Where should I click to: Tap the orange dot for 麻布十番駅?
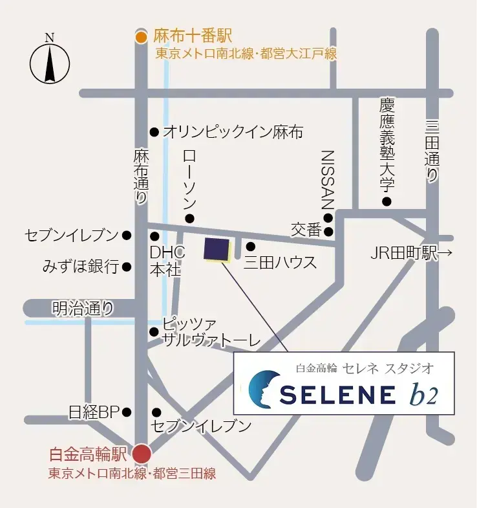coord(142,37)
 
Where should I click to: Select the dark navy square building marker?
coord(217,250)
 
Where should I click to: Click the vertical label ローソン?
coord(189,179)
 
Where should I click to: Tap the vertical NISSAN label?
coord(328,179)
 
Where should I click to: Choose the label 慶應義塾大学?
coord(387,145)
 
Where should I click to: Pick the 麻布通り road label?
coord(141,177)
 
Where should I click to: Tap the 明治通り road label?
coord(83,309)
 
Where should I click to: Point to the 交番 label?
coord(306,230)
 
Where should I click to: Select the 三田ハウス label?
coord(280,262)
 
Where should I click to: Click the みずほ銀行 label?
coord(81,266)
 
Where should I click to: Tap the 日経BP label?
coord(94,412)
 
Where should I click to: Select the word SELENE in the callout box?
coord(338,393)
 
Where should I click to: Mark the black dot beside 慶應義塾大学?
coord(387,202)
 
